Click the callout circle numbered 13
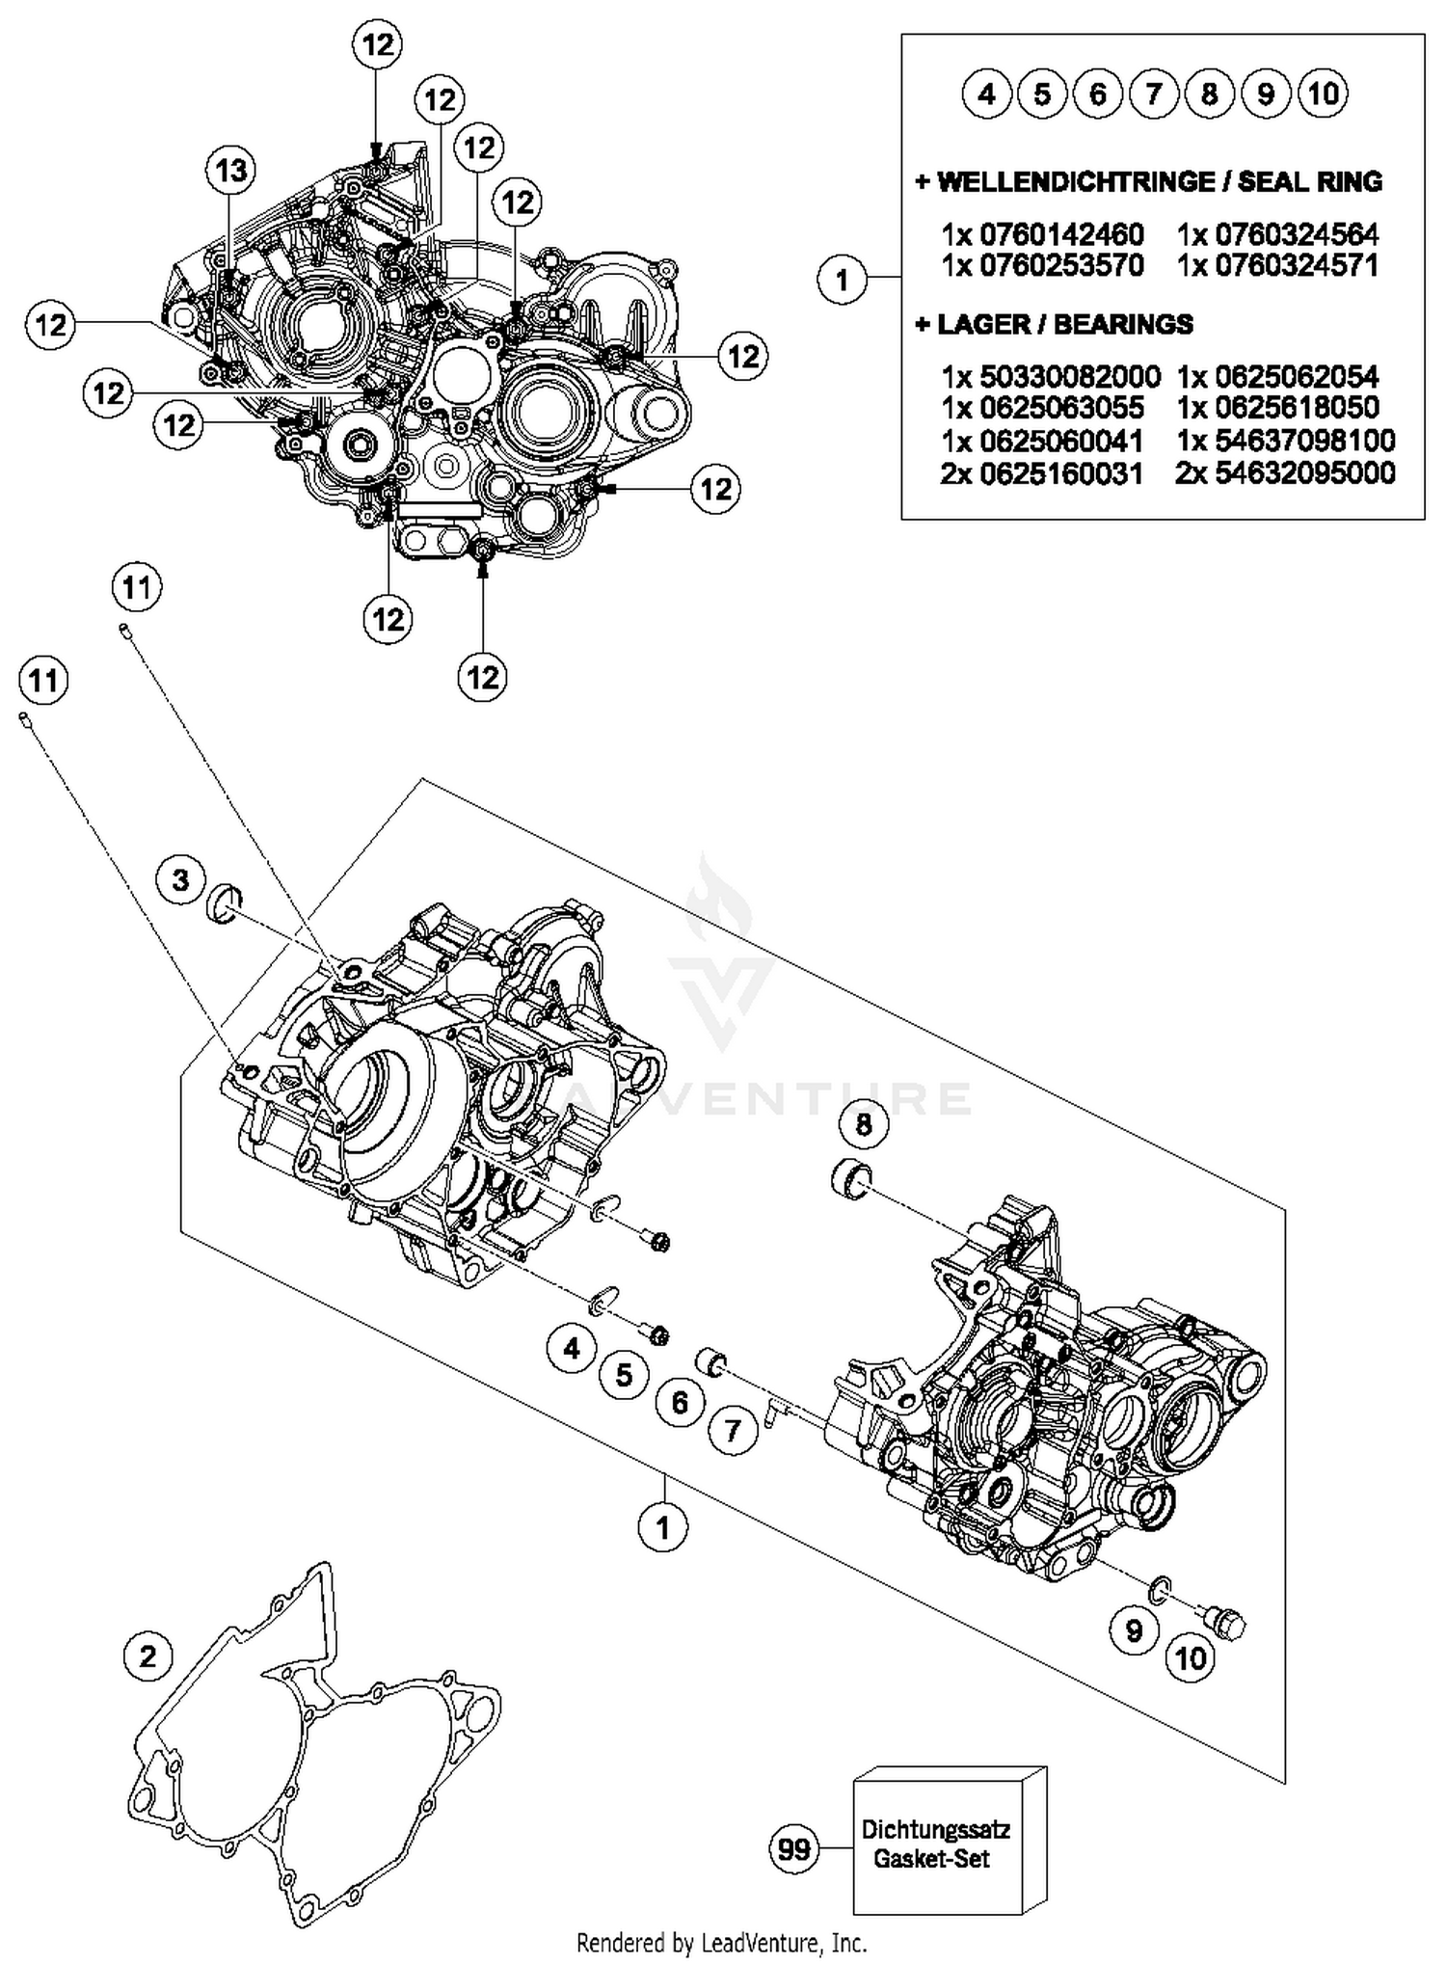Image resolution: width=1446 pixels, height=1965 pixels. (x=230, y=171)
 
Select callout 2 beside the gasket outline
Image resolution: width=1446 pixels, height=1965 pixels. (x=147, y=1656)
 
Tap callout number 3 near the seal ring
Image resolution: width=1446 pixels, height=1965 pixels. (x=181, y=878)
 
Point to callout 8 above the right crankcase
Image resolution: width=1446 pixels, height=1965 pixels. (x=863, y=1123)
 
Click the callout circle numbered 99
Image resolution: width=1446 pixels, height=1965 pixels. (x=793, y=1849)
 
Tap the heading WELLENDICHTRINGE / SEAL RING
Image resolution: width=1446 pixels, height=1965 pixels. (x=1149, y=181)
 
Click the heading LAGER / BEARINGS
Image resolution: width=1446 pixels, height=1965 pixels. (x=1055, y=324)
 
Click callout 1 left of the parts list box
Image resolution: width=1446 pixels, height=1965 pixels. (x=842, y=280)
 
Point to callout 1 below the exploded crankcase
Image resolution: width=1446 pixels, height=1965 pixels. (x=662, y=1526)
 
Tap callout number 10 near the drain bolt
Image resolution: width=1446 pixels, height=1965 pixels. (x=1191, y=1658)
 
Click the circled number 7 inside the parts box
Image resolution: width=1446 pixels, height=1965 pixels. (x=1153, y=94)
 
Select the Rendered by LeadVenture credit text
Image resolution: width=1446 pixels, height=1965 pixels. (x=721, y=1942)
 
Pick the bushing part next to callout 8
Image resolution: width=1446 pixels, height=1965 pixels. (x=850, y=1181)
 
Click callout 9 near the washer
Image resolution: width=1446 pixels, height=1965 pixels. (x=1134, y=1630)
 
